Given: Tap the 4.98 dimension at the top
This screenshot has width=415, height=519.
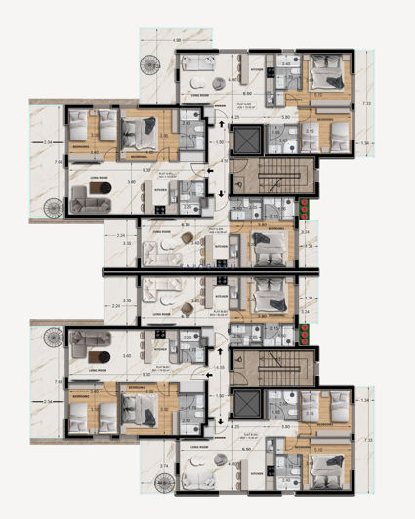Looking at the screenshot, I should tap(176, 40).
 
